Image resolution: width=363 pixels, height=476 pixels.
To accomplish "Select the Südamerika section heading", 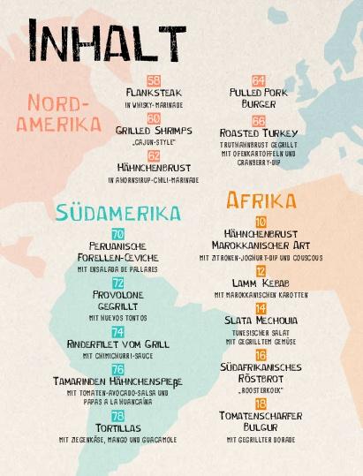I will click(117, 213).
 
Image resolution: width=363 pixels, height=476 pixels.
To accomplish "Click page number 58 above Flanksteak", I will click(154, 80).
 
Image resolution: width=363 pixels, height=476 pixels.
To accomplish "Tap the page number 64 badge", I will click(258, 80).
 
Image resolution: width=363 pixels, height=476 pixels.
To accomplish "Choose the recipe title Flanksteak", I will click(154, 93).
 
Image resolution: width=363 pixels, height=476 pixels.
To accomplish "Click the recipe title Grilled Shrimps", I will click(154, 130).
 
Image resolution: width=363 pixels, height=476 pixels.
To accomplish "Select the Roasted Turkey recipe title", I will click(259, 132).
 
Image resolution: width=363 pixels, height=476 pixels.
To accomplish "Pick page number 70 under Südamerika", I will click(117, 233).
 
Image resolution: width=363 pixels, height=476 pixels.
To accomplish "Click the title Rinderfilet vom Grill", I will click(117, 344).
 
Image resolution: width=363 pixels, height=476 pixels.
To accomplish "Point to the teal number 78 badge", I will click(117, 416).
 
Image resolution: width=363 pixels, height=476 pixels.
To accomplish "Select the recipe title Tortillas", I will click(117, 428).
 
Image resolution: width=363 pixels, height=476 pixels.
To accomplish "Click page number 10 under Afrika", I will click(260, 222).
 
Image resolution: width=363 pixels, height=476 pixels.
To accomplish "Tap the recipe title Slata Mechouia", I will click(260, 321).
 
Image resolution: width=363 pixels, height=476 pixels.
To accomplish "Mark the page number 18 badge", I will click(260, 403).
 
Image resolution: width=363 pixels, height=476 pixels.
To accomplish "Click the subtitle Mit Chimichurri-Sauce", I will click(117, 356).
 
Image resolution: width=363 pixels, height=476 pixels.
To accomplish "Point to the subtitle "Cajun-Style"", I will click(154, 141).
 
